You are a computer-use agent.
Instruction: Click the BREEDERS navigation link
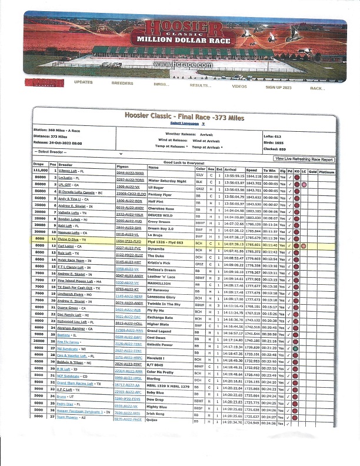[x=122, y=83]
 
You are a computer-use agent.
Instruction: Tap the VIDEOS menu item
[x=239, y=86]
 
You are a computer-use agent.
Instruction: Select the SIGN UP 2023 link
[x=279, y=87]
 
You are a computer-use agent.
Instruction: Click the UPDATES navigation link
[x=84, y=82]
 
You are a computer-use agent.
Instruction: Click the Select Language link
[x=186, y=124]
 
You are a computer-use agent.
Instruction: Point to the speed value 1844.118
[x=254, y=176]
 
